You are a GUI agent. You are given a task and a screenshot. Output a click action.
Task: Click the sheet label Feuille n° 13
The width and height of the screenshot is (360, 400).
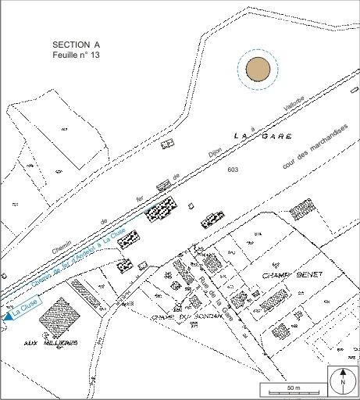pyautogui.click(x=76, y=57)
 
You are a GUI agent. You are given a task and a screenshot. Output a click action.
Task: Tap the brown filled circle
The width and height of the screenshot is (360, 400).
pyautogui.click(x=258, y=70)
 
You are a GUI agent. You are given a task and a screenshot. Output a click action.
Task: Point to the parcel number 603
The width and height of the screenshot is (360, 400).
pyautogui.click(x=233, y=169)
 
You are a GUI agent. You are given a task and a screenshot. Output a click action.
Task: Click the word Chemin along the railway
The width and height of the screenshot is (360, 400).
pyautogui.click(x=62, y=247)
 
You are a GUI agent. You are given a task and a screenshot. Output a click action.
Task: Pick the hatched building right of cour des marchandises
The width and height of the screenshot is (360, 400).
pyautogui.click(x=301, y=209)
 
